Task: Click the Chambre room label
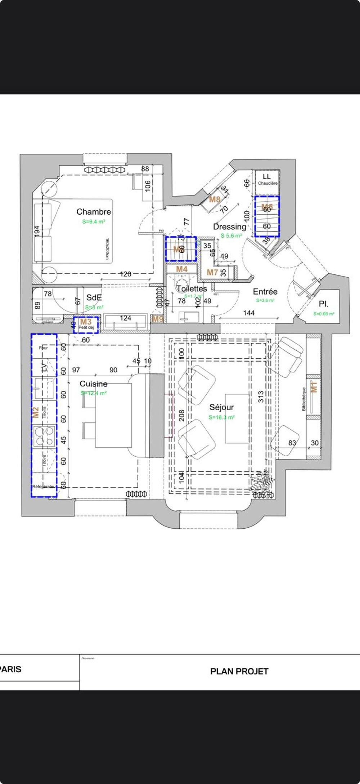pyautogui.click(x=94, y=212)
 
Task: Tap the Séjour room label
pyautogui.click(x=222, y=407)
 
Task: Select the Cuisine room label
pyautogui.click(x=94, y=384)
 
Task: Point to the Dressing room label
pyautogui.click(x=230, y=227)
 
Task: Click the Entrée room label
pyautogui.click(x=265, y=292)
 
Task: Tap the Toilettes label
pyautogui.click(x=192, y=289)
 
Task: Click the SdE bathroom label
pyautogui.click(x=94, y=298)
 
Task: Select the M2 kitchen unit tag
pyautogui.click(x=35, y=412)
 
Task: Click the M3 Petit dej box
pyautogui.click(x=86, y=324)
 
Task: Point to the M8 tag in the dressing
pyautogui.click(x=215, y=200)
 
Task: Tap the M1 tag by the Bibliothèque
pyautogui.click(x=314, y=387)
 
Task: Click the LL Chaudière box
pyautogui.click(x=267, y=179)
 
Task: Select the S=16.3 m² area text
pyautogui.click(x=222, y=417)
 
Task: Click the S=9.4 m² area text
pyautogui.click(x=94, y=222)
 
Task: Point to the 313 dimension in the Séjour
pyautogui.click(x=261, y=397)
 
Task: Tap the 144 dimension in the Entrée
pyautogui.click(x=249, y=313)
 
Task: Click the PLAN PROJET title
pyautogui.click(x=239, y=671)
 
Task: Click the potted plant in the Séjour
pyautogui.click(x=262, y=484)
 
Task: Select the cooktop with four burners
pyautogui.click(x=44, y=436)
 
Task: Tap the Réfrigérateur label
pyautogui.click(x=44, y=487)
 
